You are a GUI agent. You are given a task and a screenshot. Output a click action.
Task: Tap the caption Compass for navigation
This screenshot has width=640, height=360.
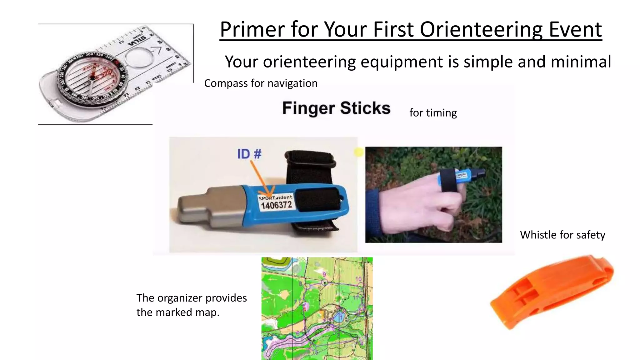coord(261,83)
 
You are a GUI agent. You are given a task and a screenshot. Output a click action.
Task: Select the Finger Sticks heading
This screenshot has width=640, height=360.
coord(336,108)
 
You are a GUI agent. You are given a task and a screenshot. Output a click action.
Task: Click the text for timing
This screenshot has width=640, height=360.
coord(433,113)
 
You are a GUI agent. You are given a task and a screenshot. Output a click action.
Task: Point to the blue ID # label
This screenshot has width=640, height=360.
coord(249,154)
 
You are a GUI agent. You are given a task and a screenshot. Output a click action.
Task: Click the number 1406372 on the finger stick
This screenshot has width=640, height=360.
coord(276,206)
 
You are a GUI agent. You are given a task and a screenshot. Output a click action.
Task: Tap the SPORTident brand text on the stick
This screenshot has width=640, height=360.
coord(275,197)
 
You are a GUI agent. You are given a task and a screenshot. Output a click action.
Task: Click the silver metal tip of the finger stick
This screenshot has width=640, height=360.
coord(200,208)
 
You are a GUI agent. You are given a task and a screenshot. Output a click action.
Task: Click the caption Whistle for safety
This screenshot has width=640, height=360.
coord(562,235)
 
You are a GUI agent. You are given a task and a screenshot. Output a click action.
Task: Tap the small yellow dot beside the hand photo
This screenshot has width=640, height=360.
coord(359,152)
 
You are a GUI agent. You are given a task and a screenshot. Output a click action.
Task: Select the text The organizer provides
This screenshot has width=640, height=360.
coord(191,298)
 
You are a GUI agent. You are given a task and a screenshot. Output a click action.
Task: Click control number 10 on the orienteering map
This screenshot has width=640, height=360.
coord(358,279)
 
